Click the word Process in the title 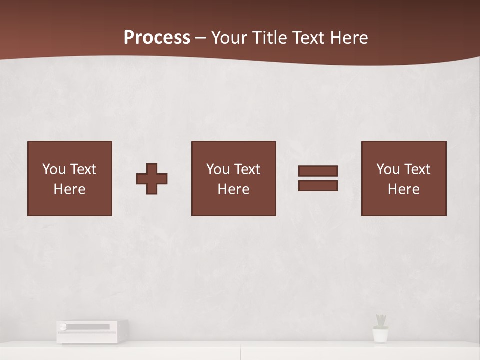pyautogui.click(x=157, y=38)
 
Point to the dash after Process pyautogui.click(x=201, y=38)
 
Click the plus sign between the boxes pyautogui.click(x=152, y=178)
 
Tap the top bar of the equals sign pyautogui.click(x=318, y=171)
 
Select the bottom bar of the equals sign pyautogui.click(x=318, y=185)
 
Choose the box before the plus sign pyautogui.click(x=70, y=178)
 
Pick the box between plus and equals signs pyautogui.click(x=233, y=178)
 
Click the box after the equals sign pyautogui.click(x=403, y=178)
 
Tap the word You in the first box pyautogui.click(x=54, y=169)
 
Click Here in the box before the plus pyautogui.click(x=70, y=189)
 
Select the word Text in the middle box pyautogui.click(x=247, y=169)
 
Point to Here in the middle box pyautogui.click(x=233, y=189)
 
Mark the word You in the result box pyautogui.click(x=388, y=169)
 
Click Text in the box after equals pyautogui.click(x=417, y=169)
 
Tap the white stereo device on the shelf pyautogui.click(x=92, y=331)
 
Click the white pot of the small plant pyautogui.click(x=380, y=335)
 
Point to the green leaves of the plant pyautogui.click(x=381, y=320)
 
